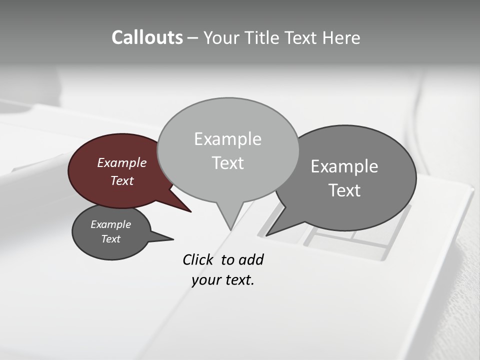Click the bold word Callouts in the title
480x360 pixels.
click(147, 37)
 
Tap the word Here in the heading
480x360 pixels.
click(341, 37)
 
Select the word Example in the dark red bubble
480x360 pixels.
click(121, 162)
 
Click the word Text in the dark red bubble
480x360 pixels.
click(121, 180)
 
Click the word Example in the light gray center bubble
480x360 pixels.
click(227, 139)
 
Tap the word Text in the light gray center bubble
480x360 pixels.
click(227, 163)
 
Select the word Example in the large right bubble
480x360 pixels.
click(344, 166)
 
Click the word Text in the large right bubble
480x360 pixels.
click(344, 190)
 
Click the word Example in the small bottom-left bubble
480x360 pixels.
click(110, 224)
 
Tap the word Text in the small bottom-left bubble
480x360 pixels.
click(110, 239)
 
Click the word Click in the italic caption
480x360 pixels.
click(198, 259)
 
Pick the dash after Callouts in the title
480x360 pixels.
click(193, 37)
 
